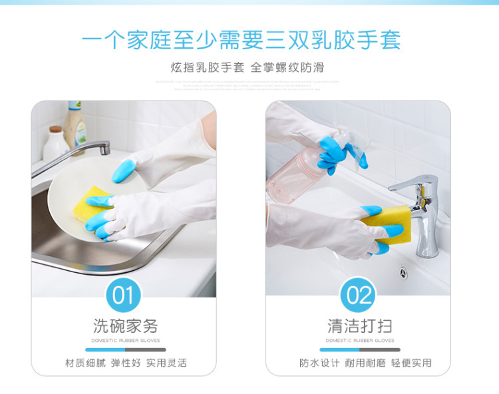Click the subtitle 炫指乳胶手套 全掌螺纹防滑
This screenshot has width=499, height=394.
(x=247, y=68)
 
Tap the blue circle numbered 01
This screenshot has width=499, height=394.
(x=123, y=295)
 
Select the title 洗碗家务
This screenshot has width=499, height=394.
(x=125, y=326)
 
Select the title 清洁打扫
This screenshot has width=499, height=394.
(x=359, y=326)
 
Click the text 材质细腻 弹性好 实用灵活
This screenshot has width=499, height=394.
(x=126, y=363)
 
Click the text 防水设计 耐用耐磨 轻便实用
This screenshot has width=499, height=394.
(x=365, y=363)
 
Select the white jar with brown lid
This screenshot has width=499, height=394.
(x=55, y=142)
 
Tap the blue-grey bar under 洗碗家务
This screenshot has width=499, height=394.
(x=125, y=349)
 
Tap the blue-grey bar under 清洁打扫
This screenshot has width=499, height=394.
(x=359, y=349)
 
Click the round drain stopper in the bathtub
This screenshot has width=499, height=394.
(x=403, y=272)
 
